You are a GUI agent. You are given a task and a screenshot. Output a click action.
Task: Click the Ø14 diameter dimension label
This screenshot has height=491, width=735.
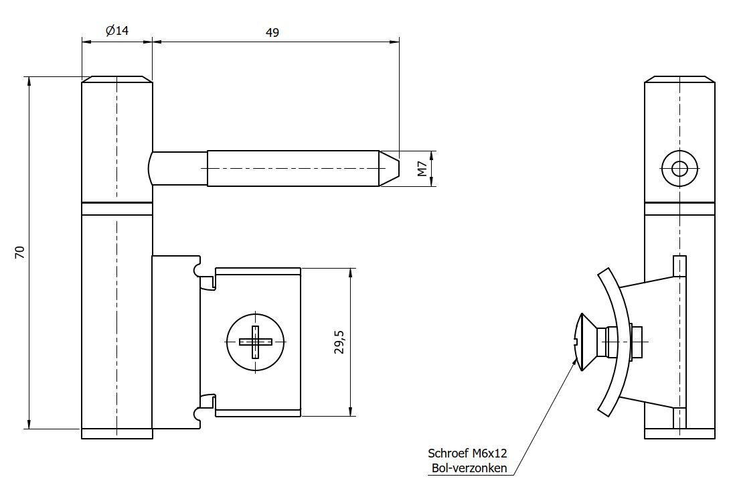tap(117, 31)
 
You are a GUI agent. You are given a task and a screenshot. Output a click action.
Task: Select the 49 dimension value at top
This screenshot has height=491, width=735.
tap(272, 32)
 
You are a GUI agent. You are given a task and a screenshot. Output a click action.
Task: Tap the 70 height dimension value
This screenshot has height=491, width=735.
tap(20, 253)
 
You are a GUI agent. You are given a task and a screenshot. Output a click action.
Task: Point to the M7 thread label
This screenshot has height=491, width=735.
tap(422, 168)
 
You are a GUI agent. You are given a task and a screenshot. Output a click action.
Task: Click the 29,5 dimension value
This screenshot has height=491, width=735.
tap(339, 342)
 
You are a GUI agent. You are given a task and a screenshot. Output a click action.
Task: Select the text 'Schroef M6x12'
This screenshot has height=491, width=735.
tap(467, 453)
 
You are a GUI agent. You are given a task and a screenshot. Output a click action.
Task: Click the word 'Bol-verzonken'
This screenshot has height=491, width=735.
tap(469, 468)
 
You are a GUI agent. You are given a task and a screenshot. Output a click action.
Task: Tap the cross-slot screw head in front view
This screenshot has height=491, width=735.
tap(255, 342)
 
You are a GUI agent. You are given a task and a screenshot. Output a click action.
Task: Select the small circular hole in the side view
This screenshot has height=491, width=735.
tap(679, 168)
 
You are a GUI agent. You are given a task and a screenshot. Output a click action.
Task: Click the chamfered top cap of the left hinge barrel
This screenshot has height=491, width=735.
tap(117, 79)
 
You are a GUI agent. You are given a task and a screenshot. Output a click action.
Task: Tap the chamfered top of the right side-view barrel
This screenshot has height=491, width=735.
tap(679, 79)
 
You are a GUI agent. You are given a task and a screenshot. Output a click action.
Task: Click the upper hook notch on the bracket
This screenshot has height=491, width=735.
tap(198, 270)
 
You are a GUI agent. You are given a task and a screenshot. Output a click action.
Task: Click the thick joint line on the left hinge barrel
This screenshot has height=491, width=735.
tap(117, 202)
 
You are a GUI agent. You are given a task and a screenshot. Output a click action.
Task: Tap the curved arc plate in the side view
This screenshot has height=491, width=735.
tap(617, 342)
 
